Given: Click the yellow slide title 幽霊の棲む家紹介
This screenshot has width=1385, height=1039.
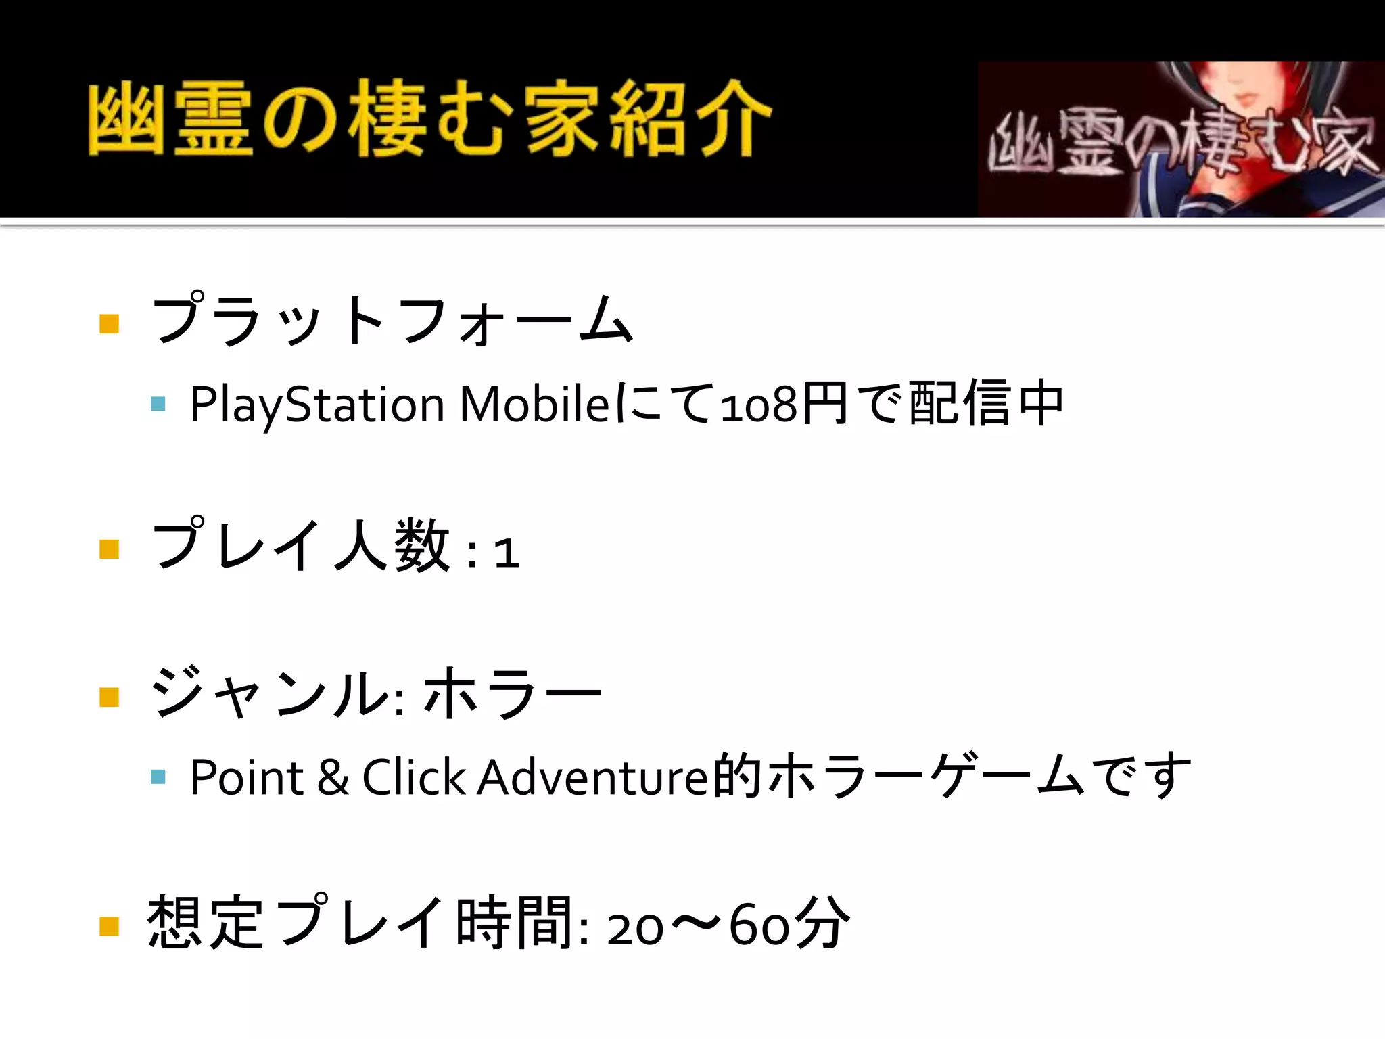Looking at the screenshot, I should pyautogui.click(x=430, y=118).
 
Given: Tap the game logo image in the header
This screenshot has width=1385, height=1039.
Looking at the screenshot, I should pyautogui.click(x=1181, y=139).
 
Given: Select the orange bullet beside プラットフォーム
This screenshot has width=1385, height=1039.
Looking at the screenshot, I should pyautogui.click(x=109, y=324).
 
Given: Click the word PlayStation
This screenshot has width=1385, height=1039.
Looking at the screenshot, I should pyautogui.click(x=316, y=405).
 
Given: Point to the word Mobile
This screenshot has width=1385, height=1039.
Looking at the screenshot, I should pyautogui.click(x=535, y=404).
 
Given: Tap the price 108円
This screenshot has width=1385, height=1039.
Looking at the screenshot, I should pyautogui.click(x=784, y=404).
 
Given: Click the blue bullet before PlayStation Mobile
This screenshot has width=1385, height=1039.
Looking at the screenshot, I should pyautogui.click(x=158, y=405).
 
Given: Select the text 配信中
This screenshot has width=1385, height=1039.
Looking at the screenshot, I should pyautogui.click(x=987, y=404).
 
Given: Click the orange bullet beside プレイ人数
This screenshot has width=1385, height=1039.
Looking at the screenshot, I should pyautogui.click(x=109, y=549).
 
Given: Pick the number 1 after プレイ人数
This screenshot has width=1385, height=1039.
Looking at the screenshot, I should pyautogui.click(x=507, y=552).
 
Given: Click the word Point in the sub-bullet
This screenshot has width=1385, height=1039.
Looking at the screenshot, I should pyautogui.click(x=247, y=777).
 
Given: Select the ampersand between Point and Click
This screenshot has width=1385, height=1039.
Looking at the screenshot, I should pyautogui.click(x=333, y=778).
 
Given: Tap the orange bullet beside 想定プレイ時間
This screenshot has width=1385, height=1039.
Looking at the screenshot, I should pyautogui.click(x=109, y=925).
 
